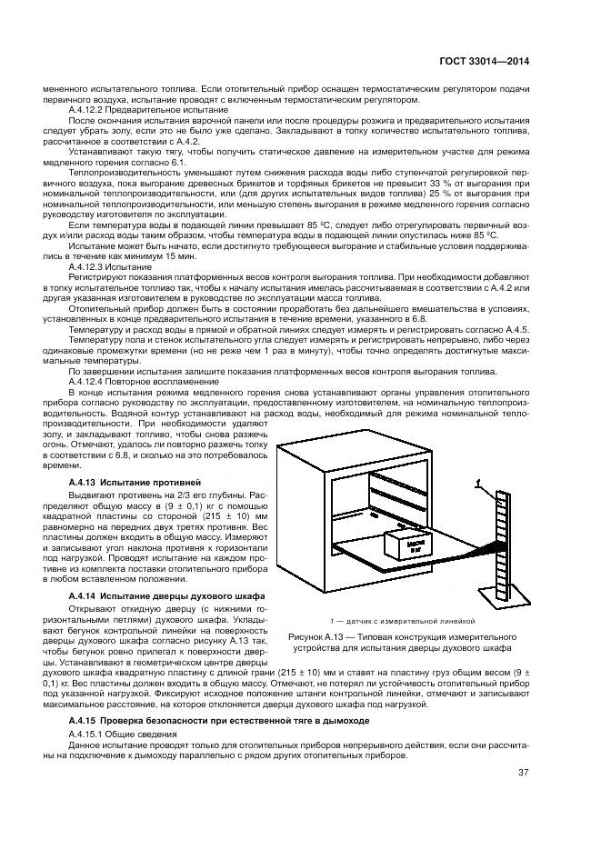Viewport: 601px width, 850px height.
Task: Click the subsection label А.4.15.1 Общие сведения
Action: (114, 733)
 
